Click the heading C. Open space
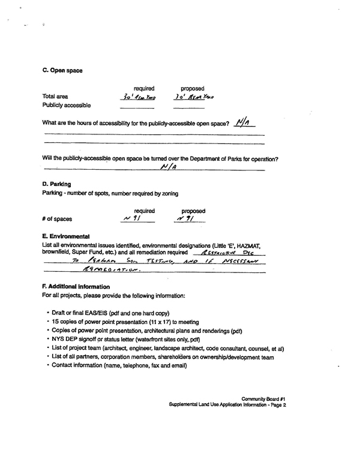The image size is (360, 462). point(62,71)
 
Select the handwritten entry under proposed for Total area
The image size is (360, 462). point(193,97)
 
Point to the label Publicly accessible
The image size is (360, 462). point(67,106)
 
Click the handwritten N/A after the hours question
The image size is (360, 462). point(243,123)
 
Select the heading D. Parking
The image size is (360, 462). point(57,184)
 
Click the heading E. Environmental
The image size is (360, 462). point(66,236)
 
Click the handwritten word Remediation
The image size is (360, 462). point(117,269)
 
